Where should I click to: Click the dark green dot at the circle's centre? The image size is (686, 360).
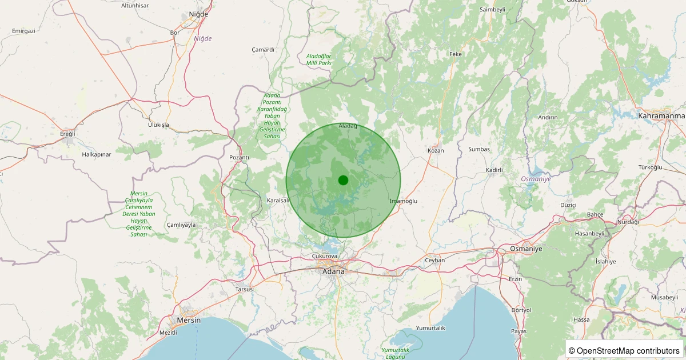point(343,181)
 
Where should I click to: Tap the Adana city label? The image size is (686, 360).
point(334,271)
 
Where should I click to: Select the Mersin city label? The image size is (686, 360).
point(189,320)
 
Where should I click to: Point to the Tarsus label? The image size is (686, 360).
point(244,289)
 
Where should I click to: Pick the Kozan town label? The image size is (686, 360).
point(436,150)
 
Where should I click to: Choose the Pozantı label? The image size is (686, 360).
point(239,157)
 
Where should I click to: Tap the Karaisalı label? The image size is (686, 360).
point(278,201)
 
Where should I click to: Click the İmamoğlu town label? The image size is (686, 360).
point(403,201)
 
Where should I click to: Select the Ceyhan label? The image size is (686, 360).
point(434,260)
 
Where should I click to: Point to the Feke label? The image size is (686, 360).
point(456,54)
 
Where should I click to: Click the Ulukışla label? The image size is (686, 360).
point(158,125)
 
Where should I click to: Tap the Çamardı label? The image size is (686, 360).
point(263,50)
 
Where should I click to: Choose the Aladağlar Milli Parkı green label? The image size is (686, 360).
point(319,59)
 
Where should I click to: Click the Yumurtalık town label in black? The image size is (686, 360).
point(430,328)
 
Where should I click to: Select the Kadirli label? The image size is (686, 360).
point(494,170)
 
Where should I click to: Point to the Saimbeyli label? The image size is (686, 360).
point(493,10)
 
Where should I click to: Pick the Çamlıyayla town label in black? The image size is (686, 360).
point(181,225)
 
